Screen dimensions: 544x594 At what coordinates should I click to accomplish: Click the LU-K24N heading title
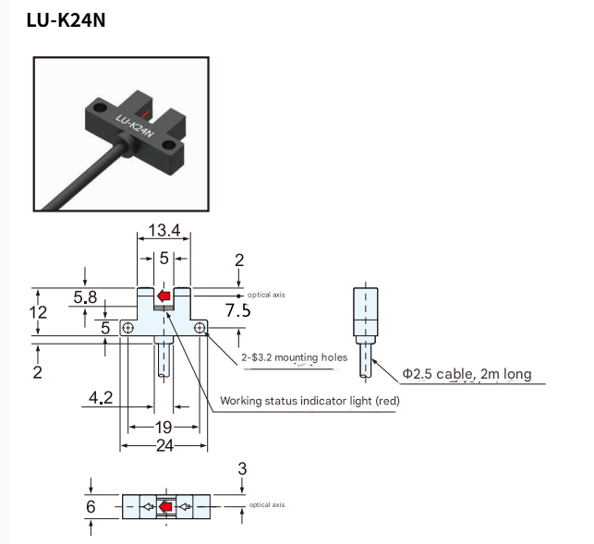(66, 19)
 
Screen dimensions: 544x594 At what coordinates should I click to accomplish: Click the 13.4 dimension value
(164, 230)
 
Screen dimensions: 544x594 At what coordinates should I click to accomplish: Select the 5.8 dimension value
(85, 296)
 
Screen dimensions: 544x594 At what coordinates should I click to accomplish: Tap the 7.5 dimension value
(238, 310)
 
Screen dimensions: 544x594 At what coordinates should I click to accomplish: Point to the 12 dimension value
(38, 312)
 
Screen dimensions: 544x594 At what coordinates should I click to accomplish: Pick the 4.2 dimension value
(101, 398)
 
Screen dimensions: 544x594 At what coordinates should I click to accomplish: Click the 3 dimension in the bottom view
(242, 469)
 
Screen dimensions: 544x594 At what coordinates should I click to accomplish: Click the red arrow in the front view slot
(164, 296)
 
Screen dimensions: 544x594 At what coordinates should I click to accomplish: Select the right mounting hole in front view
(200, 328)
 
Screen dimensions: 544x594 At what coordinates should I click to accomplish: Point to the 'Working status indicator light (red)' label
(309, 401)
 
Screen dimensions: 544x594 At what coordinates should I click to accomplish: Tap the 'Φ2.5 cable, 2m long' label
(466, 374)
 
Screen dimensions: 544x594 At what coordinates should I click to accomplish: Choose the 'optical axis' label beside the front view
(267, 295)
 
